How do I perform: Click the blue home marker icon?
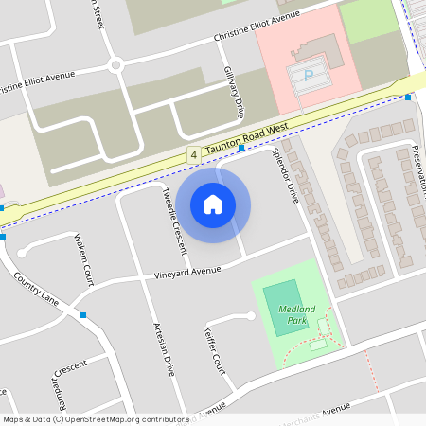pyautogui.click(x=213, y=204)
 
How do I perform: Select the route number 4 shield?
pyautogui.click(x=193, y=152)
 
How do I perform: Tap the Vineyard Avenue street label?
pyautogui.click(x=187, y=272)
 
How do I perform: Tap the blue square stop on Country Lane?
pyautogui.click(x=84, y=315)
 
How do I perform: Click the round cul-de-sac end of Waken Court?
pyautogui.click(x=22, y=251)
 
